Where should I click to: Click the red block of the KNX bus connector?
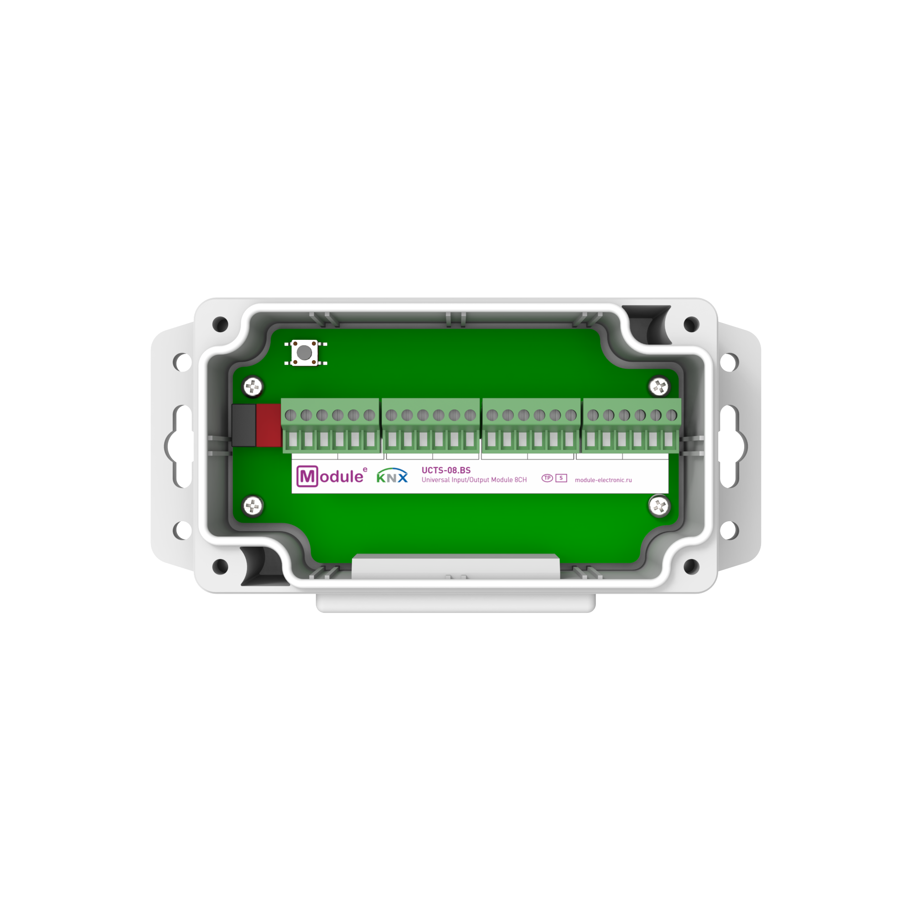(x=268, y=425)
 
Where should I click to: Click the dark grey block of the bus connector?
(x=244, y=425)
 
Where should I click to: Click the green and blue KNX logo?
(x=392, y=476)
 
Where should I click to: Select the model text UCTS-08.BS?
(x=446, y=470)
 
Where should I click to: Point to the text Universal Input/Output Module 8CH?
(x=474, y=480)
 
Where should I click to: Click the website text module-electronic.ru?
(x=603, y=480)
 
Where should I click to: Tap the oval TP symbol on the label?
(x=547, y=478)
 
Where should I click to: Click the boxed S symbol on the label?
(x=561, y=478)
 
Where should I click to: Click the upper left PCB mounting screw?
(x=253, y=387)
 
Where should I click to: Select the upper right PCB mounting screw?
(x=659, y=387)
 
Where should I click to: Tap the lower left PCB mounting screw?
(x=253, y=506)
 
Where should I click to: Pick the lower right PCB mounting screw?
(x=659, y=506)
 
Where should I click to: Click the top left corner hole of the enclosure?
(x=220, y=324)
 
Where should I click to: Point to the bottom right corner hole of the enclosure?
(x=691, y=566)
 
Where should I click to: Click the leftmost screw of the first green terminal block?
(x=291, y=415)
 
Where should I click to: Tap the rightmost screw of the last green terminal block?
(x=671, y=415)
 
